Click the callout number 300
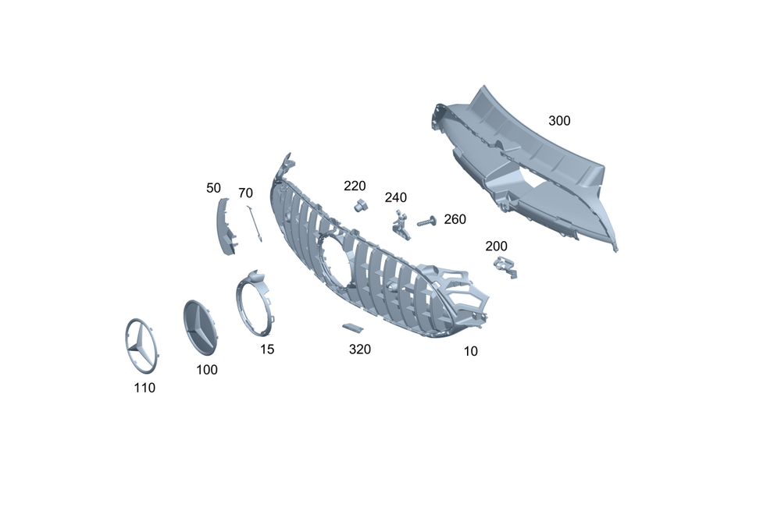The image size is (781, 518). (559, 121)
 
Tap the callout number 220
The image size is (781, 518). (355, 186)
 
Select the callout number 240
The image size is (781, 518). (395, 197)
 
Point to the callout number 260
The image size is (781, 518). (455, 219)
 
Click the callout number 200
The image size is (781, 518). (496, 247)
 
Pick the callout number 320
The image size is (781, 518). (359, 349)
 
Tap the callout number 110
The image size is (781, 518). (144, 388)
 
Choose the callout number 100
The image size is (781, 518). (207, 370)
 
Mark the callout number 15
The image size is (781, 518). (267, 349)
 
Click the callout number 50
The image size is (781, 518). (213, 188)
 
